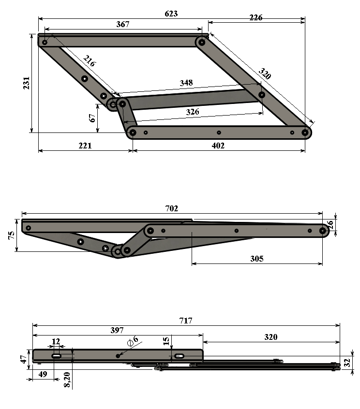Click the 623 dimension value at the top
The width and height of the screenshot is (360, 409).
click(x=171, y=14)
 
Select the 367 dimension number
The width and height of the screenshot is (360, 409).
click(x=123, y=24)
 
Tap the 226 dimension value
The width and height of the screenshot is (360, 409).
click(x=256, y=17)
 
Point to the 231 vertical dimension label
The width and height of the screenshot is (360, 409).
click(x=27, y=83)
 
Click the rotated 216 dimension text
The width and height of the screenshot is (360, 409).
click(x=90, y=61)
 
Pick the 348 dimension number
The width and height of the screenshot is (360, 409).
click(x=186, y=83)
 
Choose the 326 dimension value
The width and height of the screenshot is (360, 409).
click(x=193, y=112)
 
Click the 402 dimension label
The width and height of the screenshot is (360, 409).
click(x=218, y=146)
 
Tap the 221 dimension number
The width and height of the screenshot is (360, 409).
click(x=85, y=146)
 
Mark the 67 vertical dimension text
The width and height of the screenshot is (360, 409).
click(x=92, y=118)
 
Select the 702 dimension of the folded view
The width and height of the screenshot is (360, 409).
click(x=171, y=208)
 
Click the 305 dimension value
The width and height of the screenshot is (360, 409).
click(x=257, y=259)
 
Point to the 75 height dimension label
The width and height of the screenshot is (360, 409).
click(x=12, y=235)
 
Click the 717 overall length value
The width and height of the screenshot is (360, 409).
click(x=186, y=321)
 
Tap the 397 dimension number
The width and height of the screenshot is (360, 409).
click(x=117, y=331)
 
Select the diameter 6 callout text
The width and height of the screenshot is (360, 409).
click(x=133, y=341)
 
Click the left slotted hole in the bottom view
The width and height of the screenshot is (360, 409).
click(x=56, y=356)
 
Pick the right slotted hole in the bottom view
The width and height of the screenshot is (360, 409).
click(x=179, y=356)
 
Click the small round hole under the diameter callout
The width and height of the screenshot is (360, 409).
click(x=118, y=356)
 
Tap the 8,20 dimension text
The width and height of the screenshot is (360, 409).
click(x=67, y=380)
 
